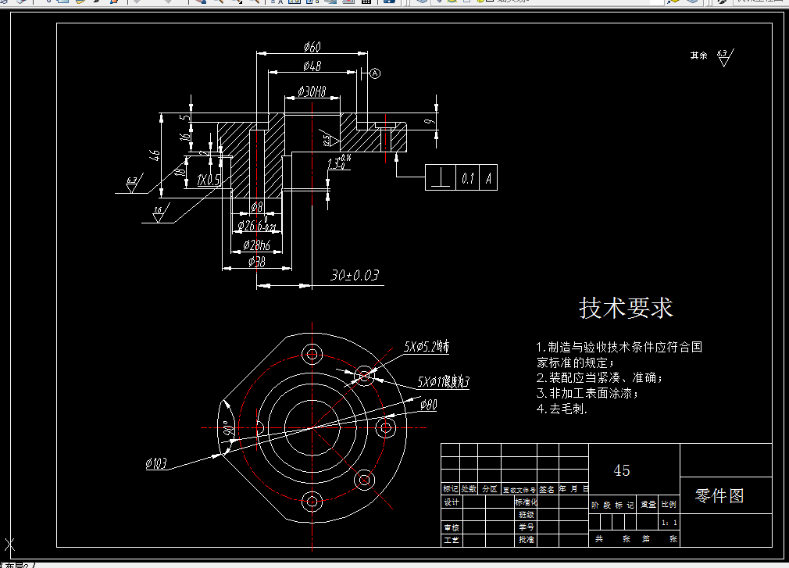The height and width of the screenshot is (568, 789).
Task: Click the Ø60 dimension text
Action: (312, 48)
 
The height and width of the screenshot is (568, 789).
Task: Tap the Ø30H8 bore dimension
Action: (312, 92)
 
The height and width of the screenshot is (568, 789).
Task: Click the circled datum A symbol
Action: (375, 73)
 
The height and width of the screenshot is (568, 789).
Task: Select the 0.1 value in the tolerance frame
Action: (468, 178)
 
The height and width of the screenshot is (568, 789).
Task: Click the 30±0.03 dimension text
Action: (354, 275)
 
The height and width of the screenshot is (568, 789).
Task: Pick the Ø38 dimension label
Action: (257, 263)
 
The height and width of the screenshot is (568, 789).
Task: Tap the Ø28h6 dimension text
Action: (257, 245)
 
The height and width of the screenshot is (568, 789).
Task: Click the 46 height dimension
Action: (155, 155)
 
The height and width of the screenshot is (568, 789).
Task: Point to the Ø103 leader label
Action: (156, 464)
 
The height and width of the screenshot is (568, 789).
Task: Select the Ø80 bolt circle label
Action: (428, 405)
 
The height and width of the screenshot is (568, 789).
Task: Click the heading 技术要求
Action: (626, 308)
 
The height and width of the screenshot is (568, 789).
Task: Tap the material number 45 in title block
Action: (622, 470)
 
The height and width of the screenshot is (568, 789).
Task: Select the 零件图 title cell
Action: (719, 495)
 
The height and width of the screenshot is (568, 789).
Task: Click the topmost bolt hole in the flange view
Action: (312, 354)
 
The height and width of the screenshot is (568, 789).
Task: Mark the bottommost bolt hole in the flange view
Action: (312, 501)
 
